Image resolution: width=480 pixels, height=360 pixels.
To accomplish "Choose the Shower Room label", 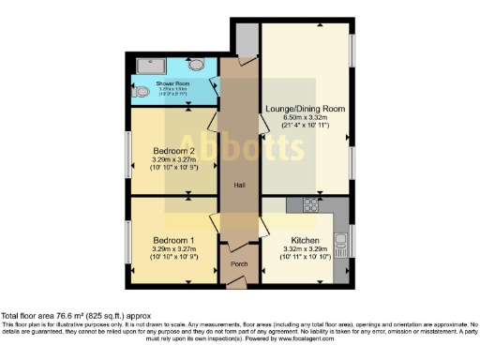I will click(x=172, y=84).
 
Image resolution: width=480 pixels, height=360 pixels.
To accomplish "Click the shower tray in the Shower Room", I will click(x=149, y=66).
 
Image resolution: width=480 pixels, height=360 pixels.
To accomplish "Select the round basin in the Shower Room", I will click(x=196, y=65).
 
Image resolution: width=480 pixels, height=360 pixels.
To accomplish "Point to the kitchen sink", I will click(x=341, y=245).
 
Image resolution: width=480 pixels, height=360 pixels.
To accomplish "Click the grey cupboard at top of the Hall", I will click(x=247, y=40).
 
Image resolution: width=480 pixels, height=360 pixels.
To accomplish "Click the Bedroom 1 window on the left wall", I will click(x=129, y=240).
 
